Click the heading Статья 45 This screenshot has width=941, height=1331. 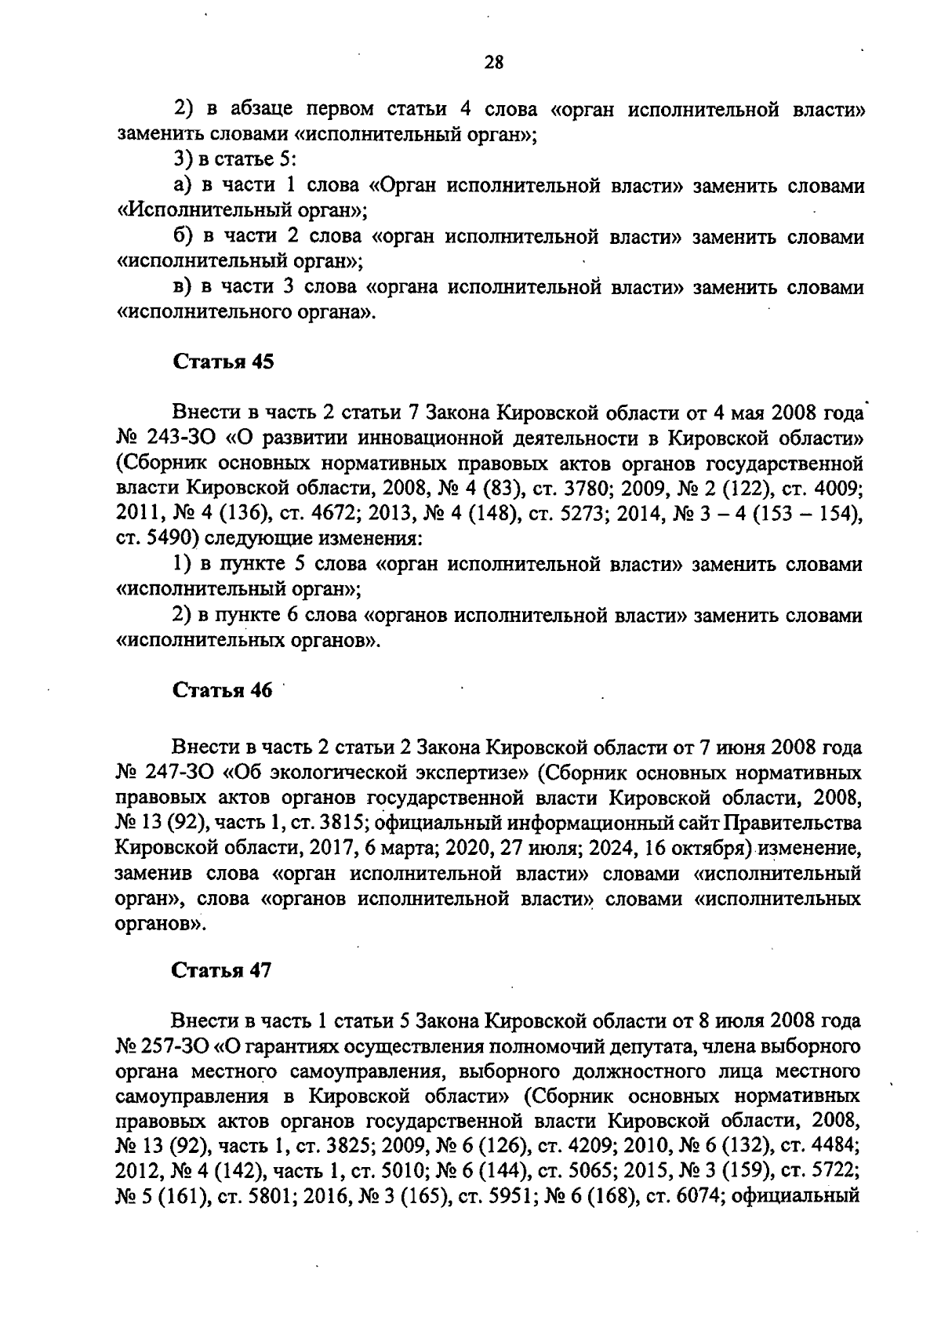pyautogui.click(x=222, y=362)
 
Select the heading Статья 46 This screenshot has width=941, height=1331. pyautogui.click(x=222, y=691)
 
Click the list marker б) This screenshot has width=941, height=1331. pyautogui.click(x=183, y=236)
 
